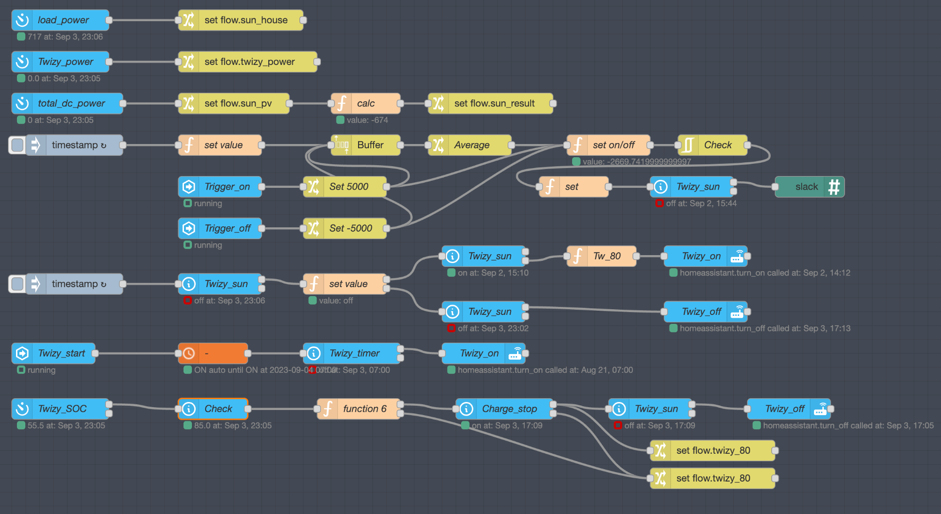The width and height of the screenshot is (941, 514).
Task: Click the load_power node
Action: coord(61,20)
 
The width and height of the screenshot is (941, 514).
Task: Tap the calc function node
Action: coord(366,104)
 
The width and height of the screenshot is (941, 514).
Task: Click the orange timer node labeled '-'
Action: coord(213,353)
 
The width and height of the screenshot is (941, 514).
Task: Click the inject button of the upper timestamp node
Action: coord(17,145)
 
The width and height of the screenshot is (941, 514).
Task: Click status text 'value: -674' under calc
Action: coord(367,120)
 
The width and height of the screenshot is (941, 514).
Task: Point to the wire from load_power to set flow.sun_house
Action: coord(144,20)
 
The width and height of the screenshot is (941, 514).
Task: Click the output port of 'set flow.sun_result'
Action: coord(553,104)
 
